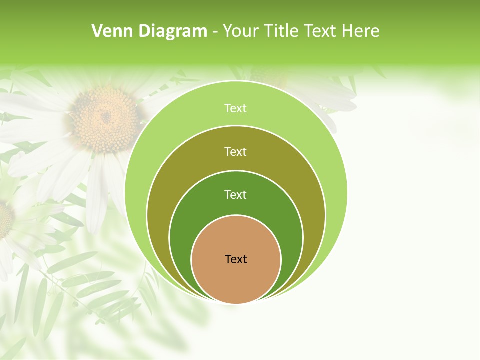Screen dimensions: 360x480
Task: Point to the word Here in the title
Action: (x=360, y=31)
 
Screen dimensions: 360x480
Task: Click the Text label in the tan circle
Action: (x=236, y=259)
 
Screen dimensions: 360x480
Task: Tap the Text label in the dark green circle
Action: (x=236, y=195)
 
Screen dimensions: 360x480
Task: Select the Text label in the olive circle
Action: (x=236, y=152)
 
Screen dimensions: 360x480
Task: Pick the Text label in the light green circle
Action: (x=236, y=108)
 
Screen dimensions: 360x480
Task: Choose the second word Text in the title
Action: (x=321, y=31)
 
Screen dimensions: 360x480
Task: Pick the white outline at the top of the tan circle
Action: (x=236, y=215)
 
